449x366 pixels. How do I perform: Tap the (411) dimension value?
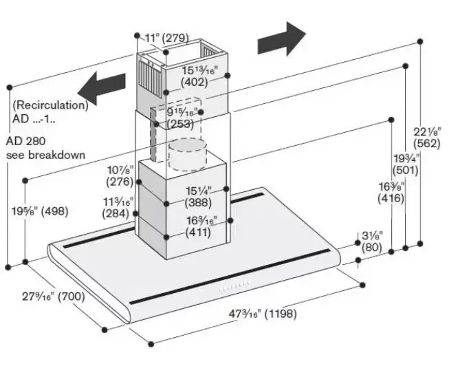tap(201, 233)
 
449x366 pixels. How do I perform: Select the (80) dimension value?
tap(371, 247)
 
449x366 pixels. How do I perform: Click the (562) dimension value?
tap(428, 142)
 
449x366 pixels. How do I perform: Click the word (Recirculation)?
tap(50, 105)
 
